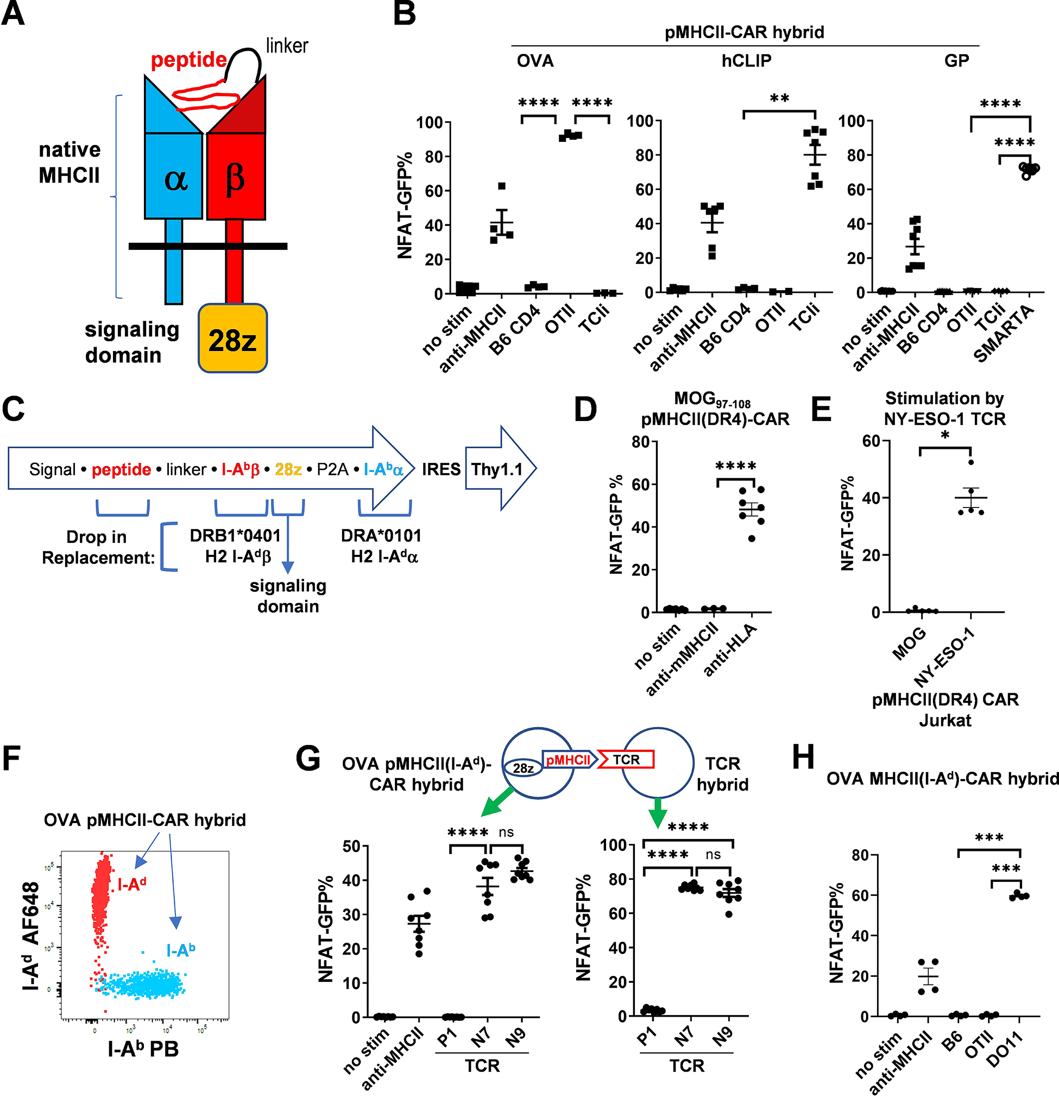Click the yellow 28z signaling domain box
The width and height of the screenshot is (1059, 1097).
coord(232,338)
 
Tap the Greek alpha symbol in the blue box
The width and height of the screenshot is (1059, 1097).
coord(175,179)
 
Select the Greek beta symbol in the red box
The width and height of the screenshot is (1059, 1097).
coord(235,179)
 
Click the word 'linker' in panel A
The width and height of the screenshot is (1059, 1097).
coord(286,46)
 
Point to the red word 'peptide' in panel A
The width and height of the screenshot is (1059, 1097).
coord(188,60)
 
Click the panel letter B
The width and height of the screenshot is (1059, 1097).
coord(404,15)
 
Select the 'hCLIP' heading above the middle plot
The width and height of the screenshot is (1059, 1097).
coord(746,60)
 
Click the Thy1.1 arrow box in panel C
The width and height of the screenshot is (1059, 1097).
coord(497,469)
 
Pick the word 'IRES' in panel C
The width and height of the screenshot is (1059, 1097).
coord(441,469)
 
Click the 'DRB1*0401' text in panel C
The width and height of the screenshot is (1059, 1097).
coord(235,536)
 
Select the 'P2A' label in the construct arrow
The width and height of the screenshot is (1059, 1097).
coord(332,469)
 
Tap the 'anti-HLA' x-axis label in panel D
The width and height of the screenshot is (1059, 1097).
coord(730,649)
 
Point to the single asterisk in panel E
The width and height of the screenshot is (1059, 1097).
coord(945,435)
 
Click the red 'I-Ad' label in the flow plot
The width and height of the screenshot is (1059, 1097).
coord(132,884)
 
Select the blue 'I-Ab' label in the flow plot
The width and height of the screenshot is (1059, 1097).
coord(181,950)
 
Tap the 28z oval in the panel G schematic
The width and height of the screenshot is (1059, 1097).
coord(523,768)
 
